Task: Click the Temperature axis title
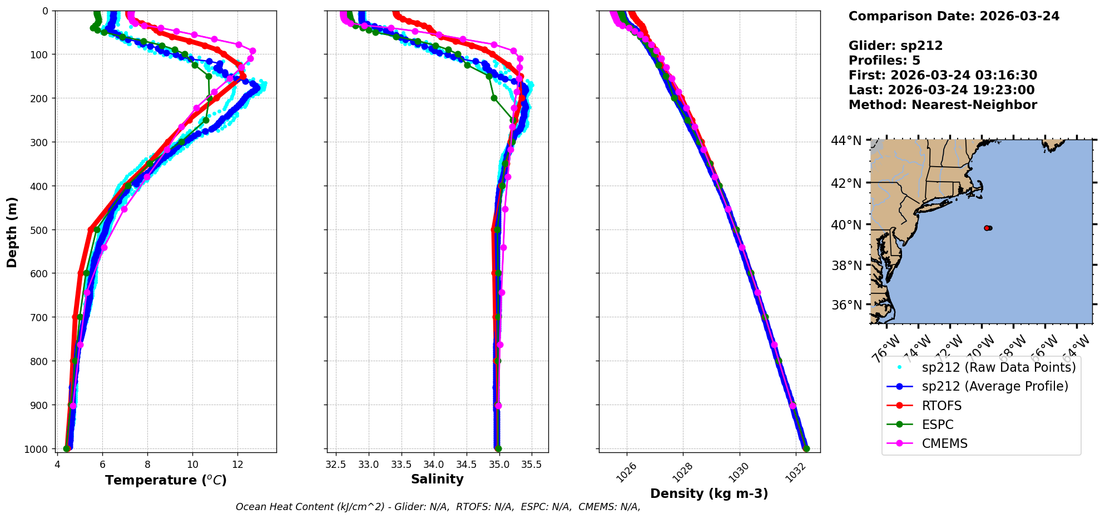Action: (x=166, y=480)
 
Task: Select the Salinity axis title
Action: (x=437, y=479)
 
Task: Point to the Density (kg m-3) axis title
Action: (x=709, y=493)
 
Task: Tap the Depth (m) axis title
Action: (x=12, y=232)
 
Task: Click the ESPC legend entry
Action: (x=938, y=425)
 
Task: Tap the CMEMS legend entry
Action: (x=944, y=443)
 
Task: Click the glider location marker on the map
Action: (x=987, y=228)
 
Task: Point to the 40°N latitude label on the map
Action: (x=846, y=225)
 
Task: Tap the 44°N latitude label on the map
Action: (x=846, y=141)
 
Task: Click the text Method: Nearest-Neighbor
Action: (x=943, y=105)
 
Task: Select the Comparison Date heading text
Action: (x=954, y=16)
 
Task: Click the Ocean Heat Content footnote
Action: (x=438, y=507)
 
